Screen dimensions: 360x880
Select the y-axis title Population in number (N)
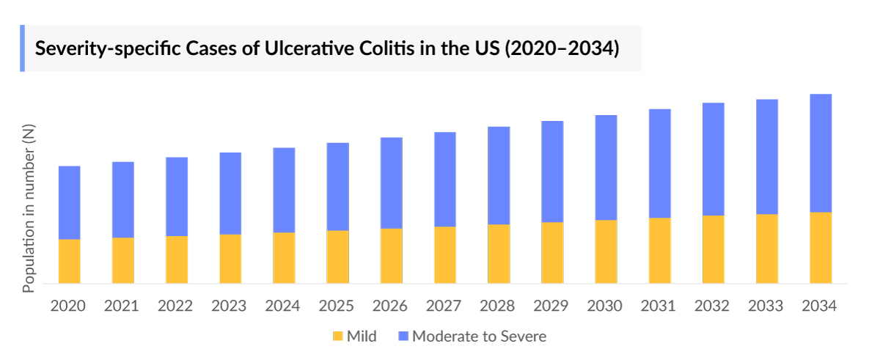29,208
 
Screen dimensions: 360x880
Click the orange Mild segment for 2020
70,261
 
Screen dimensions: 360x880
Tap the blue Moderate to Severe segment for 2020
70,202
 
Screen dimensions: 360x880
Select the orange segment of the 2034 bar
821,248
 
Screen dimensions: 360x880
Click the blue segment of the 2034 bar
821,153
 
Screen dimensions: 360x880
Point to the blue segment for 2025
338,186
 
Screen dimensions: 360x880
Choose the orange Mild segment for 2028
499,254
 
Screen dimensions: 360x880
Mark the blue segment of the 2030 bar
606,167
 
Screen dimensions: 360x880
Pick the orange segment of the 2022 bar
177,260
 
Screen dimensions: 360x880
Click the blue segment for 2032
714,158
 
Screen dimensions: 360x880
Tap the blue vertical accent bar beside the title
22,48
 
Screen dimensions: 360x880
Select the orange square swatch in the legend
338,337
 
